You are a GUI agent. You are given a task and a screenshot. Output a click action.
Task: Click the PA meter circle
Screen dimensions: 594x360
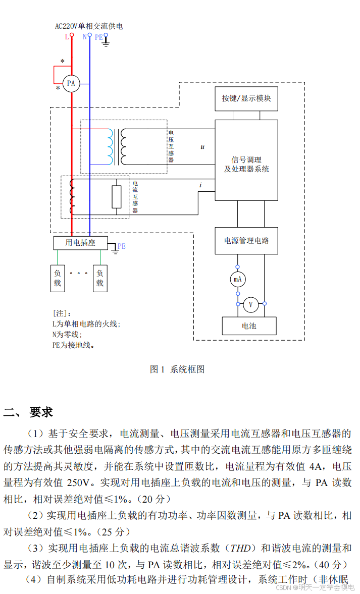pos(71,84)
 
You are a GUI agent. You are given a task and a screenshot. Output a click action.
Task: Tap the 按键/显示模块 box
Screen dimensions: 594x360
pos(246,98)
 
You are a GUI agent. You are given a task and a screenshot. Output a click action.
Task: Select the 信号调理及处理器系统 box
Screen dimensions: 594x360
pos(246,160)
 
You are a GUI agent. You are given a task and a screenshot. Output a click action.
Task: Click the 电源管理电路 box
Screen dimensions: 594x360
pos(246,240)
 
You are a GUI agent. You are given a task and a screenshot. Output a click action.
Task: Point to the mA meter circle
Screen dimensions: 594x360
pos(237,279)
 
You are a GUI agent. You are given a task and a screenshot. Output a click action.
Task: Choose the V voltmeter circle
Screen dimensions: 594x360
pos(250,304)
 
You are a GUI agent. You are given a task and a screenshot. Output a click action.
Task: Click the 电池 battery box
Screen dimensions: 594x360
pos(249,326)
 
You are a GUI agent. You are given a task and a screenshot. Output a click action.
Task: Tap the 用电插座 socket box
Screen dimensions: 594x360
pos(80,243)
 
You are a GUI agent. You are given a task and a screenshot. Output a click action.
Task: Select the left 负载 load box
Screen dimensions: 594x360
pos(58,278)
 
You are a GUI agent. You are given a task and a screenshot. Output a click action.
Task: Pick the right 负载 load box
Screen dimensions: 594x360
pos(100,278)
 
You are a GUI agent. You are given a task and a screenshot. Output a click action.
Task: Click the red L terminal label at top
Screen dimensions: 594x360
pos(67,37)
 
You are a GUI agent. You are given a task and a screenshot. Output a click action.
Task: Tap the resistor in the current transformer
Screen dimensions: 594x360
pos(117,196)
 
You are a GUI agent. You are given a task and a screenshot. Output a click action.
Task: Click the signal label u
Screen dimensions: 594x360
pos(202,147)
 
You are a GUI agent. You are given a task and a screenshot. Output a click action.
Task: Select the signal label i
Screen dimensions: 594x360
pos(200,185)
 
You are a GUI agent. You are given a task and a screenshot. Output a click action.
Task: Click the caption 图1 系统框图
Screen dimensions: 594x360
pos(177,369)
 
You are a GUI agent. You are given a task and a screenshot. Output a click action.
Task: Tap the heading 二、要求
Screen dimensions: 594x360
pos(28,412)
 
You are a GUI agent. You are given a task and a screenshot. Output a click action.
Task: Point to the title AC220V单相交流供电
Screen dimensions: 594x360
pos(89,26)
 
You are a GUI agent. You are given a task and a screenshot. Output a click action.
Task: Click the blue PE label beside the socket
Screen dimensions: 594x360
pos(122,246)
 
